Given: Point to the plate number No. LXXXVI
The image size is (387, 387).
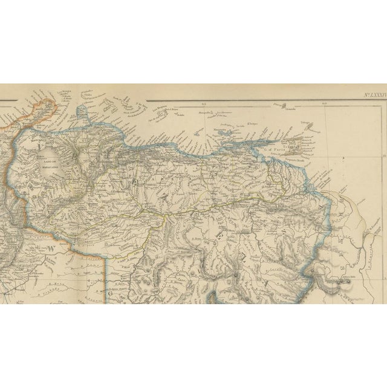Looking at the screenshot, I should pos(374,95).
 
